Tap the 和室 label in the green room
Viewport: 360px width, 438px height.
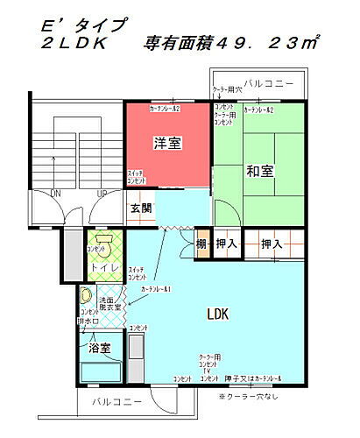260,169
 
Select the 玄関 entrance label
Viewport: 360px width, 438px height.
142,208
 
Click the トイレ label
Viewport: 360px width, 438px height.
102,268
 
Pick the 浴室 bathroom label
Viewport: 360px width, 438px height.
99,349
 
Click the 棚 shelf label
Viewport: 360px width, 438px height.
201,244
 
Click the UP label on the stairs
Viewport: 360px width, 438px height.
102,193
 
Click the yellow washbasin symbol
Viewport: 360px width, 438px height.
86,295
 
